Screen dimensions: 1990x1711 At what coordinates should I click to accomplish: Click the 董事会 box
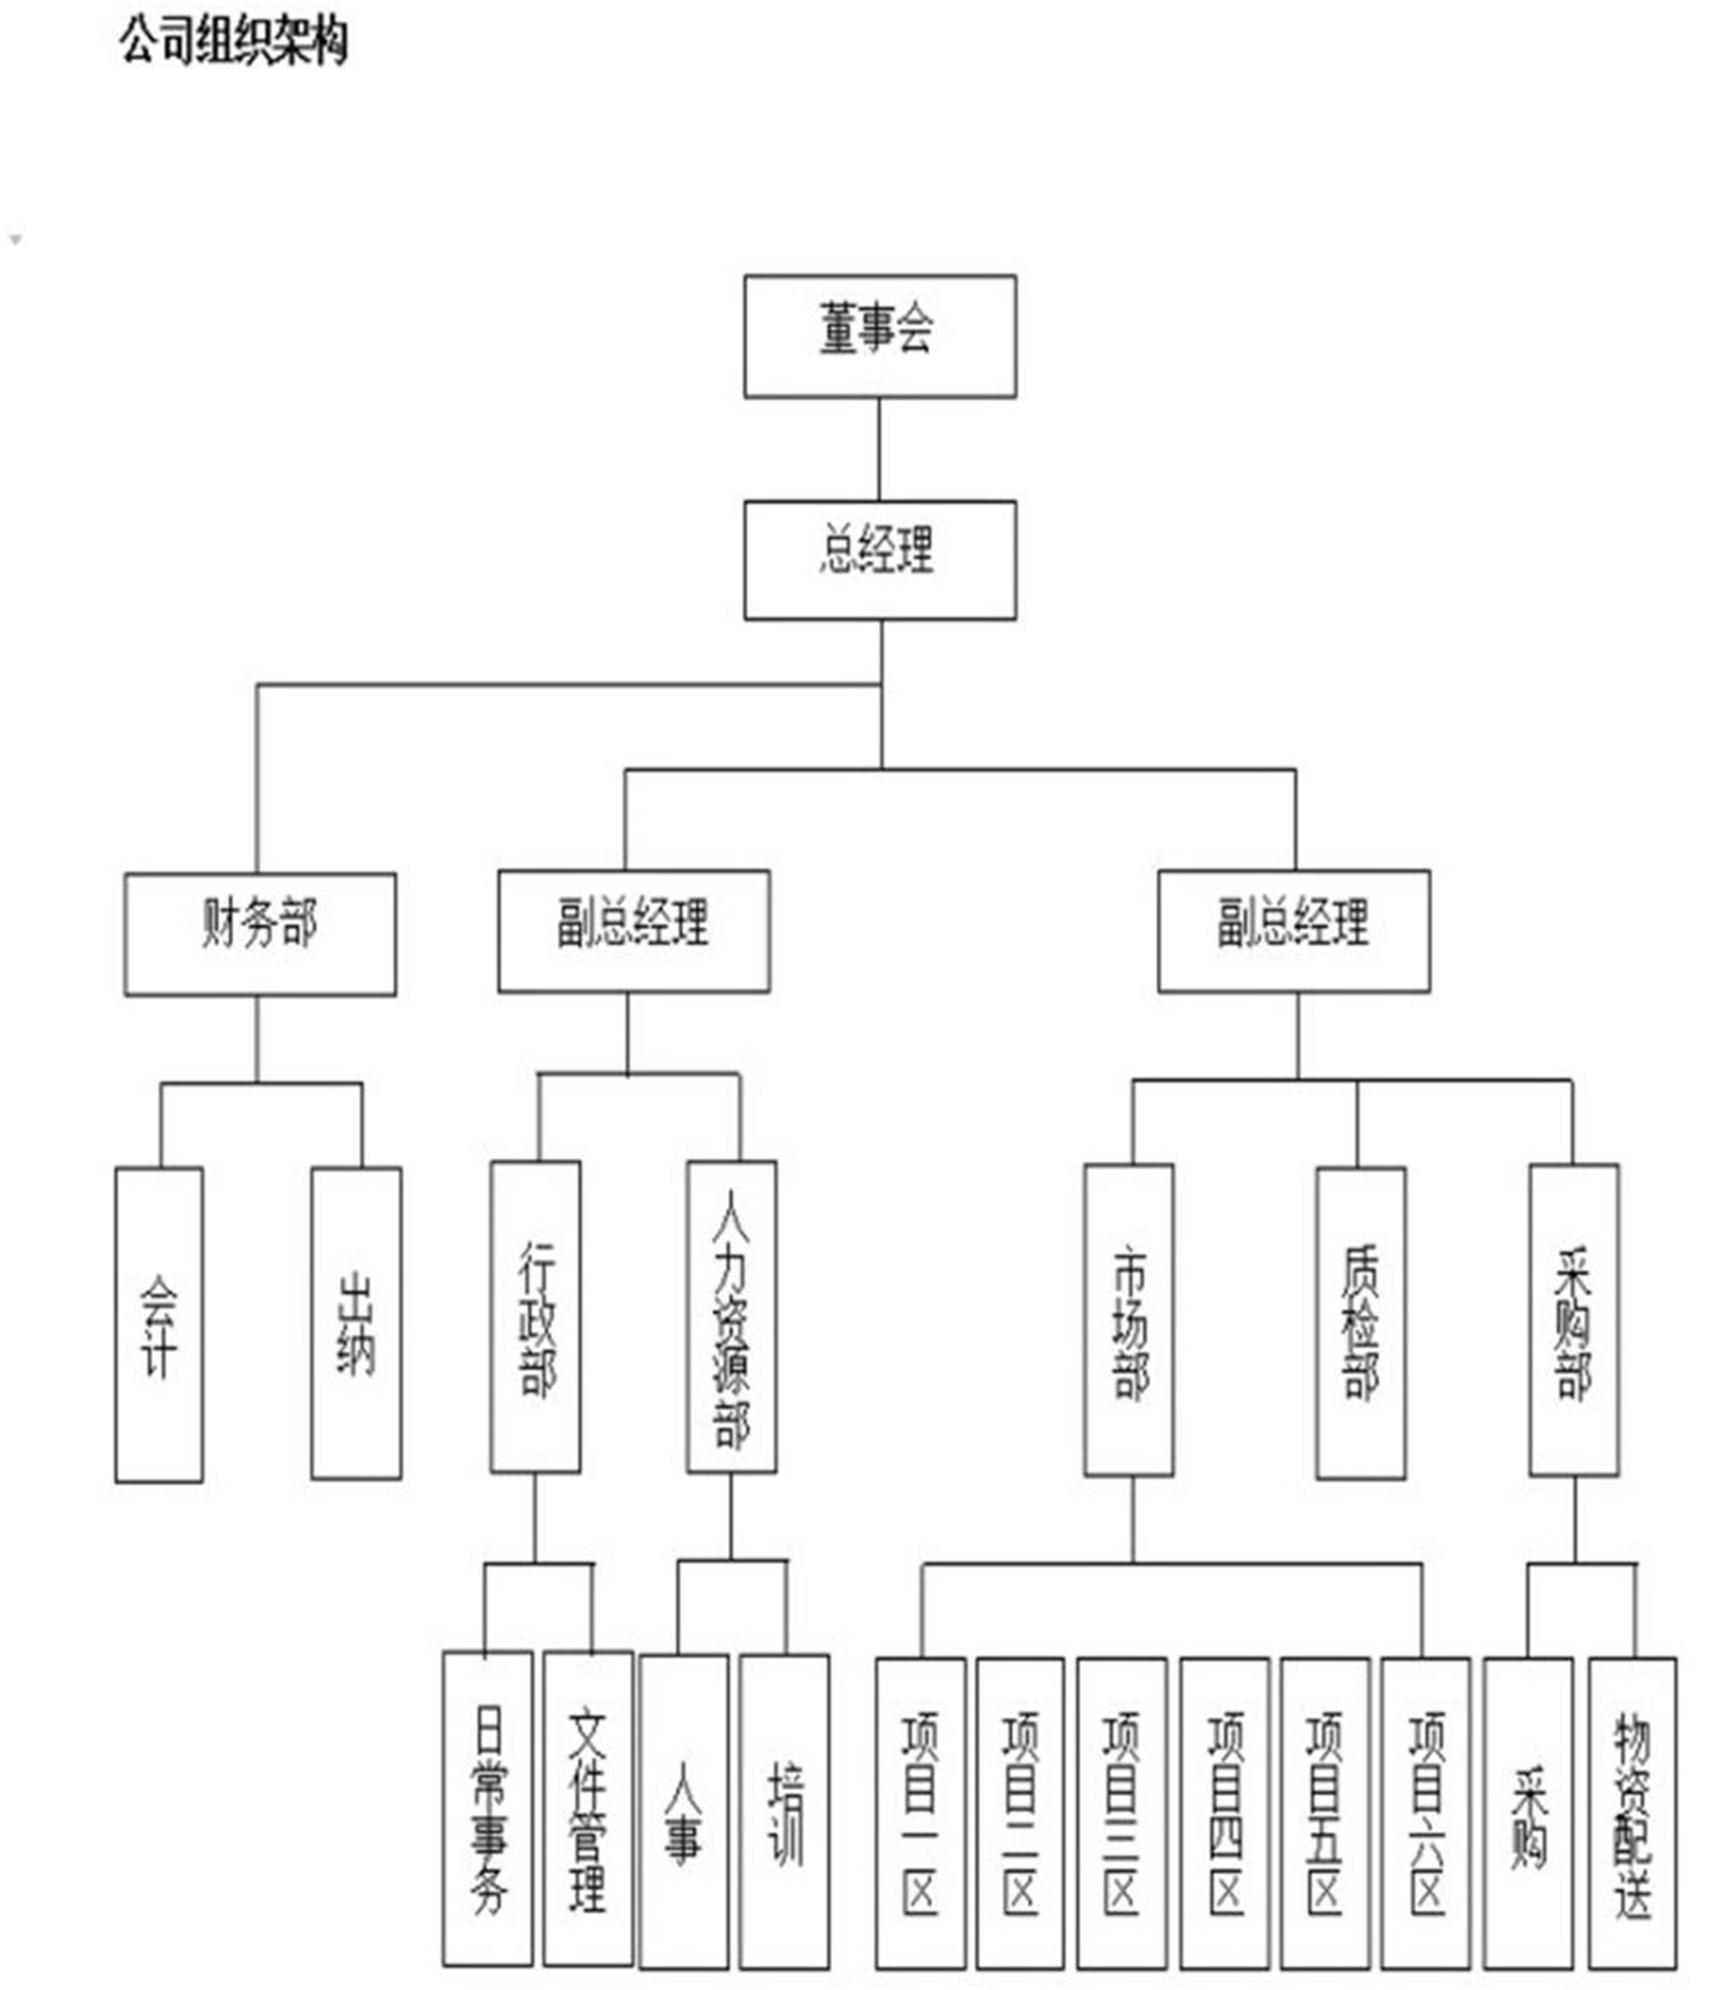tap(880, 336)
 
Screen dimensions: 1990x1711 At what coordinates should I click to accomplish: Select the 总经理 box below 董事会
tap(880, 560)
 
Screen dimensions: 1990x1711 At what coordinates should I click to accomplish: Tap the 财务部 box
tap(259, 933)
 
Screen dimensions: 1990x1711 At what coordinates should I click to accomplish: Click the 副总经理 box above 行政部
tap(634, 931)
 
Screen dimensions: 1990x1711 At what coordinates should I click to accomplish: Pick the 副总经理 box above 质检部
tap(1294, 931)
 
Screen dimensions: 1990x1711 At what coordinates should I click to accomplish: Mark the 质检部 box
tap(1361, 1323)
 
